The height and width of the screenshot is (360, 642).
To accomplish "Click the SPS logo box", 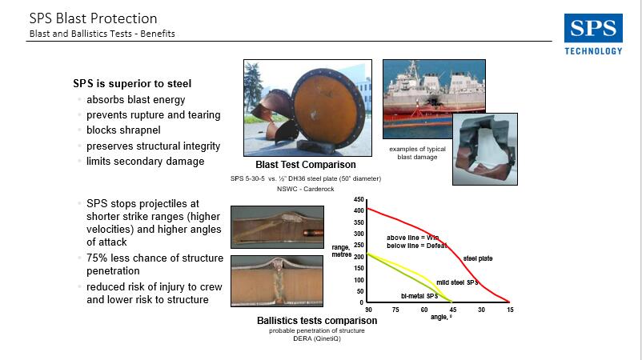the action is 593,28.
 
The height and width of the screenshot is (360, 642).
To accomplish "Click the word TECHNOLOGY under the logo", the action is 593,51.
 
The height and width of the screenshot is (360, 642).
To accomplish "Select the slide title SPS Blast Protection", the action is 94,18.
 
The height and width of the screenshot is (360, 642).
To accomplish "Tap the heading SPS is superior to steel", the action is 132,83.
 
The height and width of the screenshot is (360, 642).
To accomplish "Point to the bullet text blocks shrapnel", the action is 123,130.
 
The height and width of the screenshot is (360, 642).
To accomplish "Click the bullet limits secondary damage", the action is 145,161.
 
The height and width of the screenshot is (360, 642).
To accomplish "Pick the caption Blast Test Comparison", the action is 306,165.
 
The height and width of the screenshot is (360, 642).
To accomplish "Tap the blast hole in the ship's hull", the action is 432,101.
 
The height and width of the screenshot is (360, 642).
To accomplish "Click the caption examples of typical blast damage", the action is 417,153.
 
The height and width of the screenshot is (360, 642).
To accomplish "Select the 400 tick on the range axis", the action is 359,210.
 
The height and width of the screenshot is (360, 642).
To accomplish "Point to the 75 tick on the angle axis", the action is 395,310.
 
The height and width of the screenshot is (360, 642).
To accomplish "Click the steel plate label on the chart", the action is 478,258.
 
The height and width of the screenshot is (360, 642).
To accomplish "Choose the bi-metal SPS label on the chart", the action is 419,296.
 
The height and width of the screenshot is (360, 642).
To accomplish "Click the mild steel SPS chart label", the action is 457,282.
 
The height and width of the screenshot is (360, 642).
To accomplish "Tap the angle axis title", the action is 441,317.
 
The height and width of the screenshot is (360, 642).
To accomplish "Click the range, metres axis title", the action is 342,250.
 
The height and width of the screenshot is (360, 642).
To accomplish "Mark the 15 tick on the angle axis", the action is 510,310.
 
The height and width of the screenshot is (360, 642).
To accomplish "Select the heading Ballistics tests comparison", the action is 317,320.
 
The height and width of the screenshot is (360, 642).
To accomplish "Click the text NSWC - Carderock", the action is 306,189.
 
